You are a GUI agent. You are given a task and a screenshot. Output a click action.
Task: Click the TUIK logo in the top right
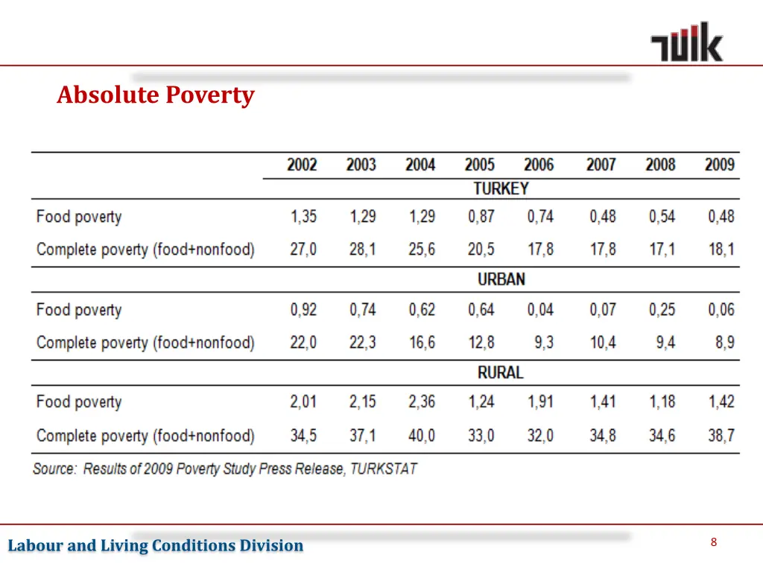(686, 42)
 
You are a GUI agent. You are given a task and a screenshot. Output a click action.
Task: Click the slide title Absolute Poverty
(155, 95)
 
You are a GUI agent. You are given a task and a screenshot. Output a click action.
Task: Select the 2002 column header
(302, 165)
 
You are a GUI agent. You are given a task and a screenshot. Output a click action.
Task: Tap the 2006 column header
(539, 165)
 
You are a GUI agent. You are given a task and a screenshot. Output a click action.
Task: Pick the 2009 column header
(720, 165)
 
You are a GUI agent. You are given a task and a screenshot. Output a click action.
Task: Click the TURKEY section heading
(501, 189)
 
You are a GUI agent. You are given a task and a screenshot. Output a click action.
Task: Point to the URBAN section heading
(501, 280)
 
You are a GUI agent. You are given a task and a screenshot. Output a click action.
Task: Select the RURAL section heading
(501, 372)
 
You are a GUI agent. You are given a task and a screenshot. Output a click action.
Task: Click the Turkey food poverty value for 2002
(303, 217)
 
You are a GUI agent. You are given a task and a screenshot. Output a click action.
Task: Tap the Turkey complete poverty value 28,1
(362, 250)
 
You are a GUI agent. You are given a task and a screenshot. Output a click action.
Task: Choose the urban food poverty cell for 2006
(540, 310)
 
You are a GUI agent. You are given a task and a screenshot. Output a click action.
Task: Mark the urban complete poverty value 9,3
(543, 343)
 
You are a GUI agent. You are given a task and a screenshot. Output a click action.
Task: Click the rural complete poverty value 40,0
(422, 435)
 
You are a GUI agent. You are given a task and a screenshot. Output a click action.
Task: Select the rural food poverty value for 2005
(481, 402)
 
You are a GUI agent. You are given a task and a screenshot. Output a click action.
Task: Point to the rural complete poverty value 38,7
(721, 435)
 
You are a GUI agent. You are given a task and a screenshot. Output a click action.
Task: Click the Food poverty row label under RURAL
(78, 402)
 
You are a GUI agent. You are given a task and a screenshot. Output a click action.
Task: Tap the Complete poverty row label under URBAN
(145, 343)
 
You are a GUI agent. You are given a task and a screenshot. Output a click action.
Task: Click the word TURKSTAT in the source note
(383, 469)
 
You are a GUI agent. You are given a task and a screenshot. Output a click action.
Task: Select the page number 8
(713, 543)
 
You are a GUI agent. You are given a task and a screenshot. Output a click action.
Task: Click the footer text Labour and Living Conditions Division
(156, 546)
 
